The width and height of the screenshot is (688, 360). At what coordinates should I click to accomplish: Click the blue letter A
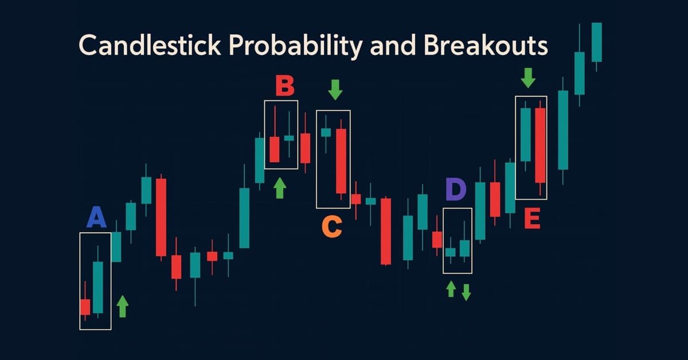[96, 218]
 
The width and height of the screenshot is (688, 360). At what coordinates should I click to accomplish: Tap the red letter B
[284, 87]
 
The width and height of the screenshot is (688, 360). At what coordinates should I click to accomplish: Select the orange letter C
[332, 226]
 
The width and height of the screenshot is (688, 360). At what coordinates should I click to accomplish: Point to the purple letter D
[456, 190]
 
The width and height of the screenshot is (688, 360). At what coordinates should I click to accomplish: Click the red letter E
[531, 219]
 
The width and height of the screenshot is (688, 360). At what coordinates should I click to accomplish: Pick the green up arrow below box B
[280, 188]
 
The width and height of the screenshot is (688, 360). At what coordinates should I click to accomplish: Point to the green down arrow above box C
[335, 89]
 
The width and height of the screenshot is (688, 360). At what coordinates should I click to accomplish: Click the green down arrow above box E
[528, 77]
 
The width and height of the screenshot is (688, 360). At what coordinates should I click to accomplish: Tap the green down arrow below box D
[466, 292]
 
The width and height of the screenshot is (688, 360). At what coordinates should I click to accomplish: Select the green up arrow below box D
[451, 288]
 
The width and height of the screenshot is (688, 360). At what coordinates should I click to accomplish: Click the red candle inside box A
[85, 307]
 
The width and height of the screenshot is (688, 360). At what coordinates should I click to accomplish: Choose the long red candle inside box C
[341, 161]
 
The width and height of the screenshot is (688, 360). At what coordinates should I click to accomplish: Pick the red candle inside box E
[540, 144]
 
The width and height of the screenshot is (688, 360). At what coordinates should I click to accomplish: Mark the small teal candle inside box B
[289, 138]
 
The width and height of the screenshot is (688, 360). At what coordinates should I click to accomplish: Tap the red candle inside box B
[275, 149]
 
